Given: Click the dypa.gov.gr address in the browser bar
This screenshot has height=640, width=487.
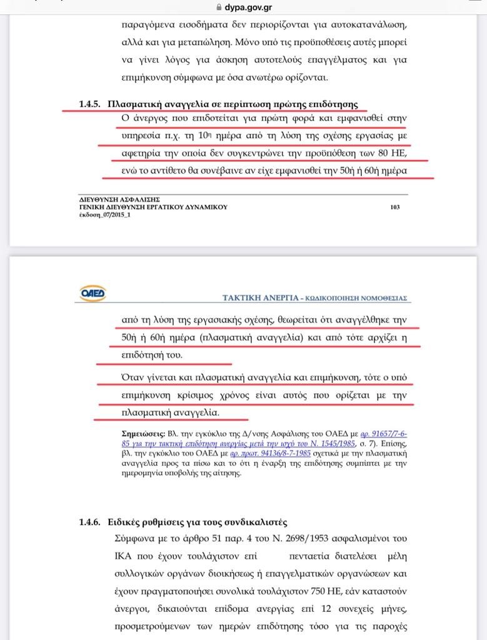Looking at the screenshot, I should (x=248, y=7).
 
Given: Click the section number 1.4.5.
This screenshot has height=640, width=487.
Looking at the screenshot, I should (x=89, y=103).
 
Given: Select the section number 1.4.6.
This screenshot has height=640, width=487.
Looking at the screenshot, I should (x=89, y=522).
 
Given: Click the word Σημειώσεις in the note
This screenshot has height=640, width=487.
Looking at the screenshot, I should (x=143, y=432).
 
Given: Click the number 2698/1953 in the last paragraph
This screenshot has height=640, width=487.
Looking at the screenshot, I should (x=290, y=538).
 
